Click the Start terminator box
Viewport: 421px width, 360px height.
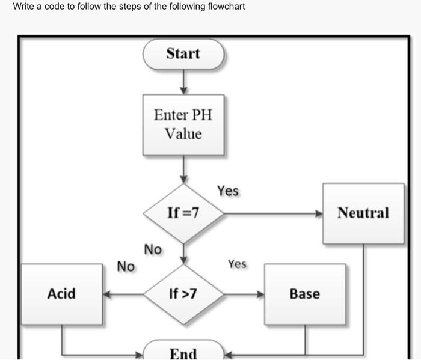[x=183, y=54]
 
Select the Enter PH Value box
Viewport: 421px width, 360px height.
[x=183, y=124]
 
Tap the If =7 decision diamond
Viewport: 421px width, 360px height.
[x=183, y=213]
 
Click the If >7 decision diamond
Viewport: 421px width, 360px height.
[x=183, y=294]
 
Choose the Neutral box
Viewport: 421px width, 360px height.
[x=363, y=213]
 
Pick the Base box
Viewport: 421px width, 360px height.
[x=305, y=294]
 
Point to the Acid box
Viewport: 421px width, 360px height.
[x=61, y=294]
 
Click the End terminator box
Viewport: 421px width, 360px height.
[x=183, y=353]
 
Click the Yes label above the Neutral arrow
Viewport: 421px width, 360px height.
[x=228, y=191]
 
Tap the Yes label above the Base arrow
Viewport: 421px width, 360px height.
[x=237, y=264]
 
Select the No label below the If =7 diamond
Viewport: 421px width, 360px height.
[x=153, y=249]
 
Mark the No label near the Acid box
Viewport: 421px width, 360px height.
[x=126, y=266]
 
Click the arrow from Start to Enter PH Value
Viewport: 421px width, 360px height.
[x=183, y=82]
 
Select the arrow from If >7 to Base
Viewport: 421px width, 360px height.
[x=244, y=294]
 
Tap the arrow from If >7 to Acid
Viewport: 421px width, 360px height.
[x=123, y=294]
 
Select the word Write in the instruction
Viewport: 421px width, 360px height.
[x=23, y=7]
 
